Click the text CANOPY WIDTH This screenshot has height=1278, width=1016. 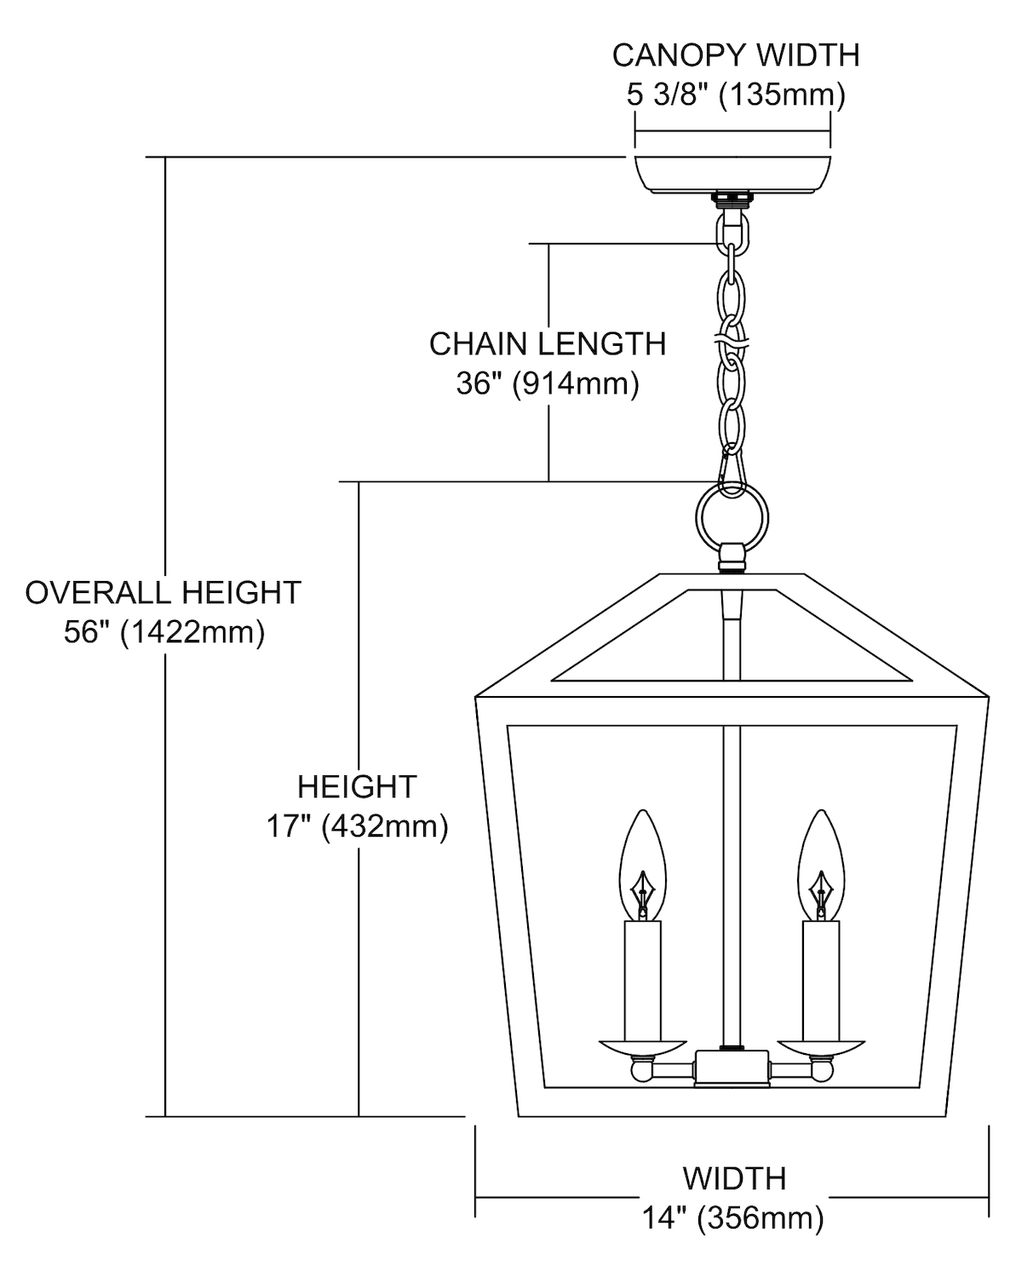[x=736, y=55]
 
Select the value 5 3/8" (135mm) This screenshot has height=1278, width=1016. [x=736, y=95]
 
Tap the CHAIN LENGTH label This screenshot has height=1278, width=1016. [x=547, y=343]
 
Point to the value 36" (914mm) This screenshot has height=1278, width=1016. [x=547, y=383]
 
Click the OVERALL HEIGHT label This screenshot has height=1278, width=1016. [x=163, y=592]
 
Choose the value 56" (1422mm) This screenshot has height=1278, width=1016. [x=164, y=632]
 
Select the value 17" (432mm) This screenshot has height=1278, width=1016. [x=357, y=826]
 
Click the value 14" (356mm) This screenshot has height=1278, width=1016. [x=732, y=1218]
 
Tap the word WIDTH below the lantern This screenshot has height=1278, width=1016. [x=733, y=1178]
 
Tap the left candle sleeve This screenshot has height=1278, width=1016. [x=642, y=980]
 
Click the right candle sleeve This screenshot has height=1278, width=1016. [x=821, y=980]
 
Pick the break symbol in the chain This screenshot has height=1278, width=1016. [x=732, y=340]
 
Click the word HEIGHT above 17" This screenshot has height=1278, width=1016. [x=357, y=786]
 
